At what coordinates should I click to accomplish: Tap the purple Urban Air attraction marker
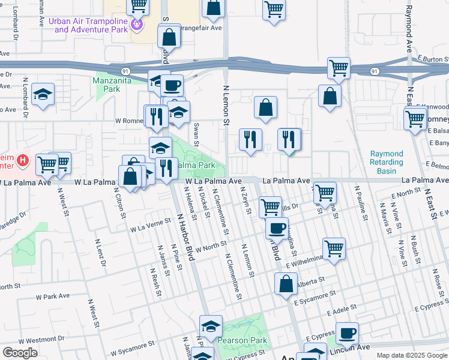(137, 25)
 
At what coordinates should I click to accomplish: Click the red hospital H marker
(22, 160)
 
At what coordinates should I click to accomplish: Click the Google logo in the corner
(20, 353)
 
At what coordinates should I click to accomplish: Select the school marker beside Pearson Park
(211, 326)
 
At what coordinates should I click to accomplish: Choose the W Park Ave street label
(53, 296)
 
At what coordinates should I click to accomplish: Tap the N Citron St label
(119, 204)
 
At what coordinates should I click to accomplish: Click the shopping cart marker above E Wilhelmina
(334, 247)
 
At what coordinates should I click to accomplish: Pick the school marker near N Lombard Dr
(43, 94)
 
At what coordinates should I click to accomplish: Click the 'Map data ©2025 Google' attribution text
(411, 355)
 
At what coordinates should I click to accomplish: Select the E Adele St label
(342, 310)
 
